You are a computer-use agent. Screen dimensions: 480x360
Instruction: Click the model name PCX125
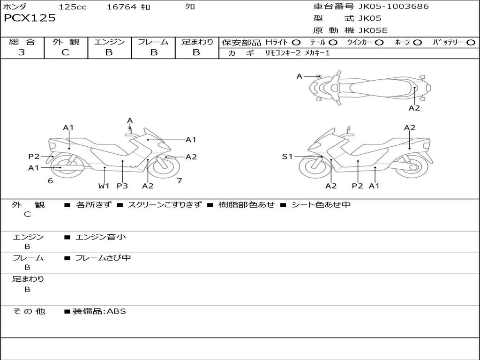click(x=30, y=18)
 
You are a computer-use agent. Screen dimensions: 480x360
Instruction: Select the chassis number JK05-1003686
click(x=393, y=7)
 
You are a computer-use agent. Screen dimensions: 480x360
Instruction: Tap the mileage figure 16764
click(x=121, y=7)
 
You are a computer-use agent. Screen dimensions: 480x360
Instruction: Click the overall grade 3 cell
click(x=22, y=52)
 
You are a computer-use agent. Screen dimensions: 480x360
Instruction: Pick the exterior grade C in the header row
click(x=65, y=52)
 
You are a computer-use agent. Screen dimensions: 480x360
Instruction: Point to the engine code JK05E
click(x=373, y=30)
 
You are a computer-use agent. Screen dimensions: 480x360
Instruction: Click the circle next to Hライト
click(x=296, y=43)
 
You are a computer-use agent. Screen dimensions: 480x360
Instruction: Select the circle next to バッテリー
click(x=471, y=43)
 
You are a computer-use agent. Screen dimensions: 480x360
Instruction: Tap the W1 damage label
click(x=104, y=186)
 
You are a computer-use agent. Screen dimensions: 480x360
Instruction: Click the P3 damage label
click(x=122, y=186)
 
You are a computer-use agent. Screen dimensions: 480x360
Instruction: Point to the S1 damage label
click(x=287, y=157)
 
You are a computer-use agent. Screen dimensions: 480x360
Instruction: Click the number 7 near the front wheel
click(x=180, y=181)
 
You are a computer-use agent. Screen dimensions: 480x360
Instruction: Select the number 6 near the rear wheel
click(x=51, y=181)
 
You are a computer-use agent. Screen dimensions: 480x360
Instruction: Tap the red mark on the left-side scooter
click(x=133, y=166)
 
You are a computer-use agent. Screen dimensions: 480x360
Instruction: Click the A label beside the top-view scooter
click(x=300, y=76)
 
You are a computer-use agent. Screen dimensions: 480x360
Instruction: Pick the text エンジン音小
click(x=101, y=237)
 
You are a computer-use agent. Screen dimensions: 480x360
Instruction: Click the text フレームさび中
click(x=103, y=258)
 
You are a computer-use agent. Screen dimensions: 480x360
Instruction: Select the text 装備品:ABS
click(x=99, y=311)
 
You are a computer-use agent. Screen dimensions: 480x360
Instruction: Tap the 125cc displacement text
click(x=73, y=7)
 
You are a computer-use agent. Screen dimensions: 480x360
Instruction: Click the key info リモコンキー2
click(x=283, y=53)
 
